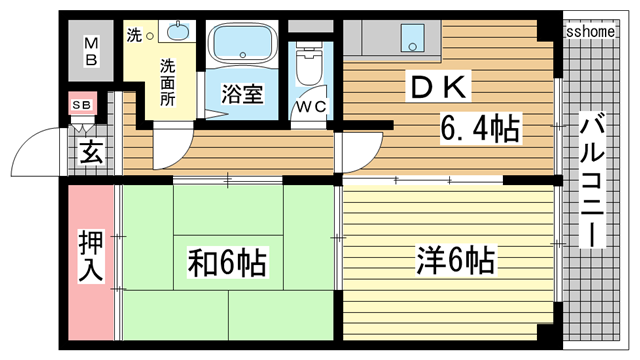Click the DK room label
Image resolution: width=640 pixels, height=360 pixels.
(x=436, y=87)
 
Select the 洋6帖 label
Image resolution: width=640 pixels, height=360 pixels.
(x=456, y=262)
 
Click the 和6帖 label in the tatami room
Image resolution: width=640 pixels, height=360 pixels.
(x=227, y=263)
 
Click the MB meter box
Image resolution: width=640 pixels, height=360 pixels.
(x=91, y=51)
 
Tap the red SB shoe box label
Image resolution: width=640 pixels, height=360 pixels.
(x=80, y=104)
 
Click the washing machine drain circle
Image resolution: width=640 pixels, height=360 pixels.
(x=150, y=36)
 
